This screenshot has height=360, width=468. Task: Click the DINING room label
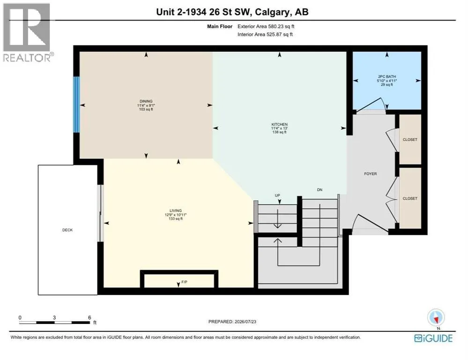146,101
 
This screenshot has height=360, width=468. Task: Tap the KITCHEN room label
279,124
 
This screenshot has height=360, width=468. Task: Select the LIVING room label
176,210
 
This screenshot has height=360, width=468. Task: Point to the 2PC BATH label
387,77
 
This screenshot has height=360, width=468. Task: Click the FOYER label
371,173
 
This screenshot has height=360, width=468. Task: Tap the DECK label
67,230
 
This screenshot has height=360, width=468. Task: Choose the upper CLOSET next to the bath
410,140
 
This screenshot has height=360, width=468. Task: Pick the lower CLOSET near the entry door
410,198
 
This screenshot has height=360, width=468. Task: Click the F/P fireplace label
184,282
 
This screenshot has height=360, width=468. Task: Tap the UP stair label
277,195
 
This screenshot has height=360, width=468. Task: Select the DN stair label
319,190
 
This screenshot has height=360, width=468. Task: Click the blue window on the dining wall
77,105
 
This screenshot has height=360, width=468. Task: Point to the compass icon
436,317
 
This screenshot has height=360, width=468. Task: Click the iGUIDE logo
433,338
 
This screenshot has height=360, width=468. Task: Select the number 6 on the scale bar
89,317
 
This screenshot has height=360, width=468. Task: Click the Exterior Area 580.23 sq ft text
266,26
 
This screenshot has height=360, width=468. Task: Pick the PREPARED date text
232,322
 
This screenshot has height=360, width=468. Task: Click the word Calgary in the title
273,12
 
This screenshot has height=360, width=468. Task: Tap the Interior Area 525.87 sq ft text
265,34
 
